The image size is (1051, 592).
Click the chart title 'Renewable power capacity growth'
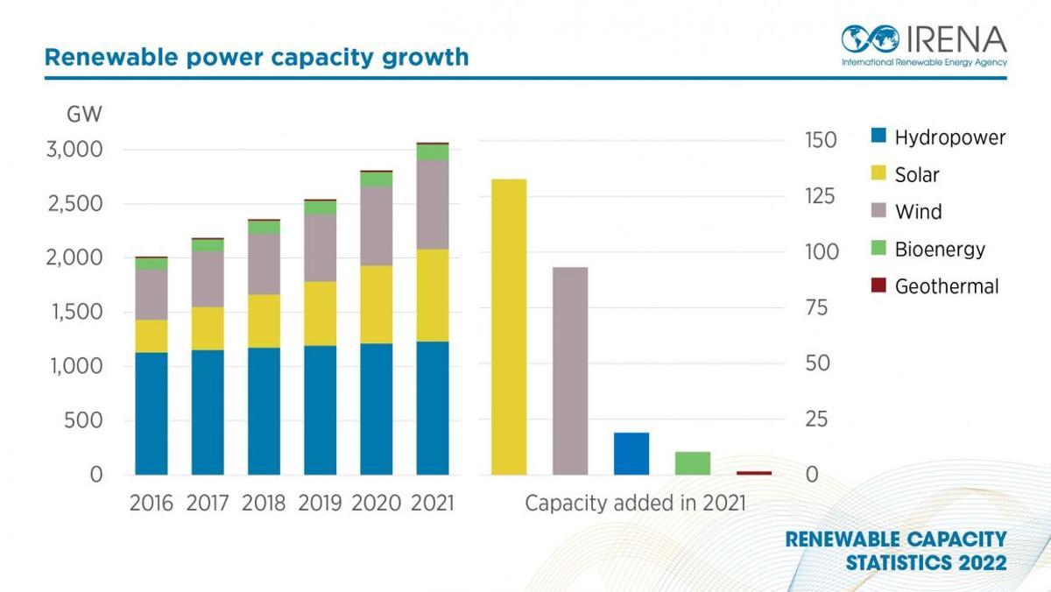pyautogui.click(x=257, y=58)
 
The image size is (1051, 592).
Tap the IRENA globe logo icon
pyautogui.click(x=871, y=39)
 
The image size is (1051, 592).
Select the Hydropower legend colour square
pyautogui.click(x=878, y=137)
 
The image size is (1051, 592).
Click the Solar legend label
pyautogui.click(x=916, y=175)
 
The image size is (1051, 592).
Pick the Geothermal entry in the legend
pyautogui.click(x=946, y=286)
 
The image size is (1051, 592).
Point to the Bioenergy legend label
pyautogui.click(x=939, y=250)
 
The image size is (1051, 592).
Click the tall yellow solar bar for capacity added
pyautogui.click(x=509, y=327)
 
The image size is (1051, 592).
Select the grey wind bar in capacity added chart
pyautogui.click(x=570, y=370)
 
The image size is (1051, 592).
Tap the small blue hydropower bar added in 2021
pyautogui.click(x=631, y=454)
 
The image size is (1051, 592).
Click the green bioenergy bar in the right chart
pyautogui.click(x=693, y=463)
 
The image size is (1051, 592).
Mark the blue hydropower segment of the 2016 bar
pyautogui.click(x=152, y=413)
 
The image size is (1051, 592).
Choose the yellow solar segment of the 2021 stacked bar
pyautogui.click(x=433, y=295)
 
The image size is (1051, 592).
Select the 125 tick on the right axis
pyautogui.click(x=822, y=195)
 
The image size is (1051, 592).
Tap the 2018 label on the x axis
pyautogui.click(x=264, y=504)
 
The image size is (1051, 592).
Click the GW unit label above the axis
pyautogui.click(x=84, y=115)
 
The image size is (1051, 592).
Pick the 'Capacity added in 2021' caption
pyautogui.click(x=635, y=504)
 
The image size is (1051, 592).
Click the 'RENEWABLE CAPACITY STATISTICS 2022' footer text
pyautogui.click(x=895, y=551)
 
